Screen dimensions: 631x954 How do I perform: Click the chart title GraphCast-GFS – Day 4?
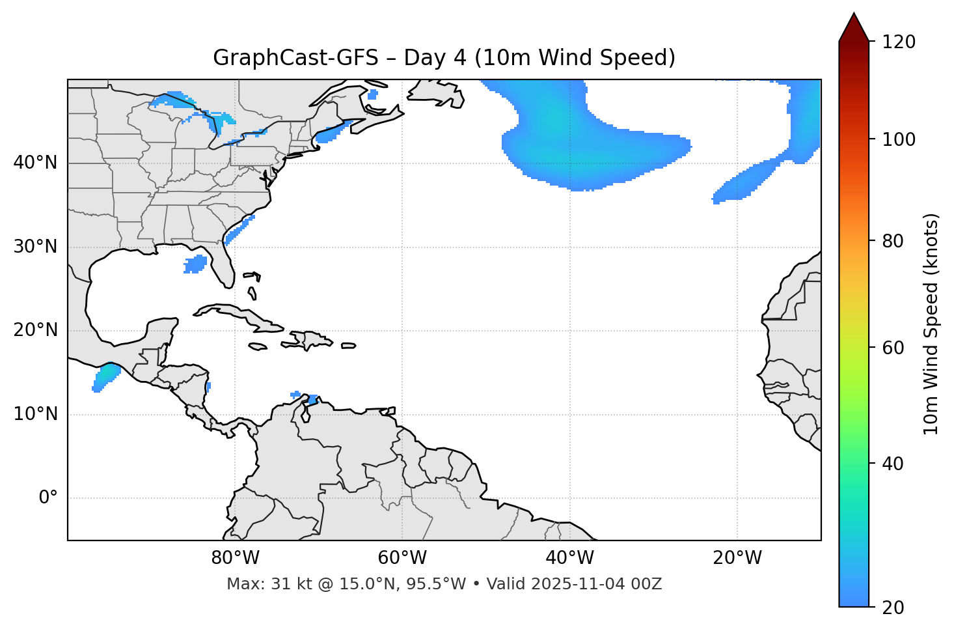(x=444, y=58)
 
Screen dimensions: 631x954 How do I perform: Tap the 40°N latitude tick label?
(x=35, y=163)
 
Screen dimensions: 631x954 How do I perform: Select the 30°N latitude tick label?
(x=35, y=247)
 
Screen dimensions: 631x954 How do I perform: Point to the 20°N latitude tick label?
(x=35, y=330)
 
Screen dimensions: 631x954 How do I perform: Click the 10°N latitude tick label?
(x=35, y=414)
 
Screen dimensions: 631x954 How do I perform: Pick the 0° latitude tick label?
(x=48, y=498)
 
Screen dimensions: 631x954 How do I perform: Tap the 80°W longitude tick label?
(x=235, y=558)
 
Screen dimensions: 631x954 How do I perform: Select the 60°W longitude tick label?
(x=402, y=558)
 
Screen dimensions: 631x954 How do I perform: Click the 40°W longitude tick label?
(x=569, y=558)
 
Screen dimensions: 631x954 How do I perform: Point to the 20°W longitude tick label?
(x=737, y=558)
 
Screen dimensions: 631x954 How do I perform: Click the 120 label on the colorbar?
(x=899, y=42)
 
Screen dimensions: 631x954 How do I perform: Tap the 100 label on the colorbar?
(x=899, y=139)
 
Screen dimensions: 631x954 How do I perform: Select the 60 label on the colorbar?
(x=893, y=348)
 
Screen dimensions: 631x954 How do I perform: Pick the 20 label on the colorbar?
(x=893, y=608)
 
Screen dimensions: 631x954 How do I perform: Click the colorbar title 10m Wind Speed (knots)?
(x=931, y=324)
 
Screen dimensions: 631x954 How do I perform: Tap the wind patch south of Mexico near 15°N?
(x=105, y=377)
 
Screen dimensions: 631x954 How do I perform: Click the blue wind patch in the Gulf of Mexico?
(x=195, y=264)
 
